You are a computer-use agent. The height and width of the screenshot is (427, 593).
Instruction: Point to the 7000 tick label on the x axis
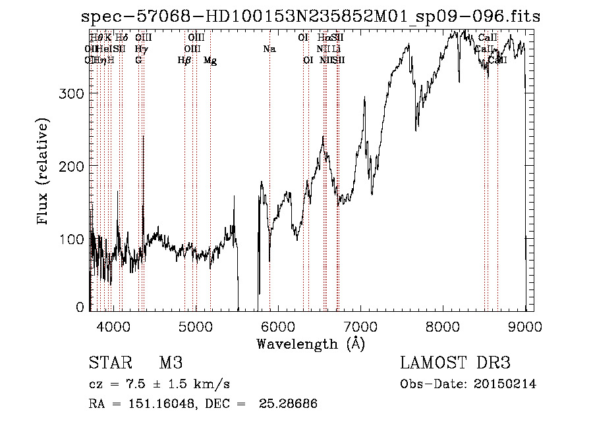pos(360,325)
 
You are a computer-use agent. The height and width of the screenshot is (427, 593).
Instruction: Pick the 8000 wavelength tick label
pos(443,325)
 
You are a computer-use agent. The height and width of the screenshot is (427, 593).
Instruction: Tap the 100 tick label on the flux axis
pos(69,239)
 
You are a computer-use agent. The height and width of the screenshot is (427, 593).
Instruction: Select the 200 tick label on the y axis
pos(69,166)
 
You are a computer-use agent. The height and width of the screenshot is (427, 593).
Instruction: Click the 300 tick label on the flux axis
pos(69,93)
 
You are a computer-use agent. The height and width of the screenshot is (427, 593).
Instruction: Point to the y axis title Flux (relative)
pos(44,172)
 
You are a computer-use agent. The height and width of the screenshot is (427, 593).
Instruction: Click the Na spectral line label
pos(269,49)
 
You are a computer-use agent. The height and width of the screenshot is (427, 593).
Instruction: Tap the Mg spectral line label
pos(210,61)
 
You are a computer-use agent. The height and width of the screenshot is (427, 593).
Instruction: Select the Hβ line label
pos(184,61)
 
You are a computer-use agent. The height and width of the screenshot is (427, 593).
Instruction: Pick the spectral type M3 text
pos(170,363)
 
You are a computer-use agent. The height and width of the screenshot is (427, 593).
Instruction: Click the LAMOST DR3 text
pos(455,363)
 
